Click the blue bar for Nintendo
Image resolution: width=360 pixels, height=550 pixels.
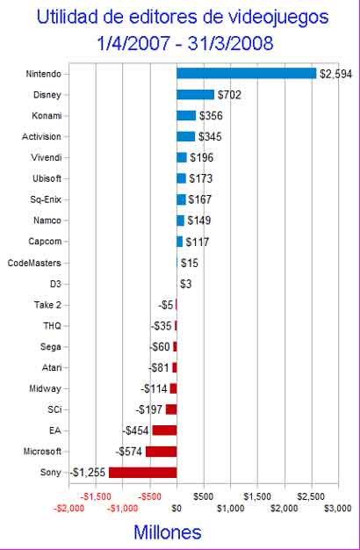click(246, 74)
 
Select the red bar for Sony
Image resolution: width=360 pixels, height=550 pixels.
click(142, 472)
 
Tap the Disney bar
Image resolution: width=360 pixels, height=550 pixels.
click(195, 95)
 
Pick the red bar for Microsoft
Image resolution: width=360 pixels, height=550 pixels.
click(162, 452)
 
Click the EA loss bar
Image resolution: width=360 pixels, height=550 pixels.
click(164, 431)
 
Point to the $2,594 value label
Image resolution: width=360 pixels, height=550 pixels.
click(335, 74)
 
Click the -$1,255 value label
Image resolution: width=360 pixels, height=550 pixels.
click(88, 473)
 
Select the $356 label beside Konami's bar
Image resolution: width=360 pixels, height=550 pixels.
click(211, 116)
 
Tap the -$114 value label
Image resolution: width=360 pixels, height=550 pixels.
click(154, 388)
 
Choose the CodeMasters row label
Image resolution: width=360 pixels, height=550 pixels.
click(34, 263)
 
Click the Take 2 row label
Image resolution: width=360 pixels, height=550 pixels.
click(47, 305)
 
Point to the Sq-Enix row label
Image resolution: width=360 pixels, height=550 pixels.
click(46, 199)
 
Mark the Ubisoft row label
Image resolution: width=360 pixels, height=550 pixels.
click(47, 178)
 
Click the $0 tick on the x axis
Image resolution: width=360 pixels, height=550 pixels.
click(176, 508)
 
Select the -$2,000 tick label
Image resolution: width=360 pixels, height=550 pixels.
click(69, 508)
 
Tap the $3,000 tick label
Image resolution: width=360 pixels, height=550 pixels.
click(337, 508)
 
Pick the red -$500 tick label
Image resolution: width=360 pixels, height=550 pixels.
click(149, 496)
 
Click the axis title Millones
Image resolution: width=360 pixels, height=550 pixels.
click(168, 532)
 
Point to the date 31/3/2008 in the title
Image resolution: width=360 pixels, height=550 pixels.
click(230, 44)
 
